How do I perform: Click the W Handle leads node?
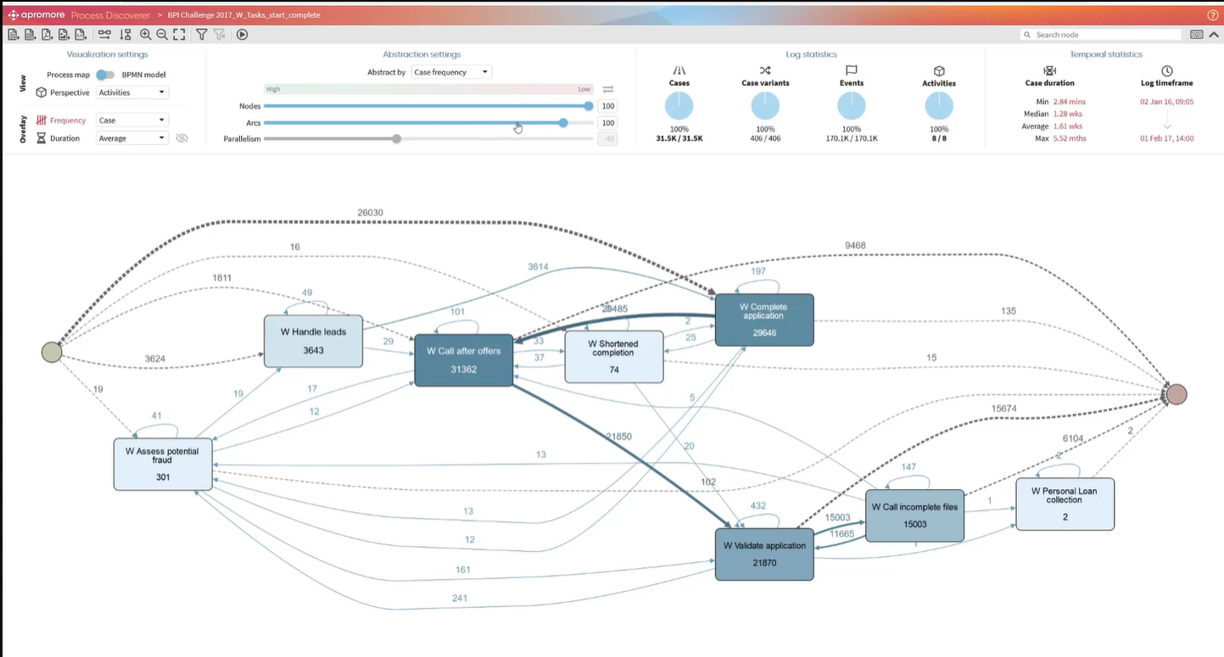click(x=313, y=341)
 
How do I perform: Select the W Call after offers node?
click(x=463, y=359)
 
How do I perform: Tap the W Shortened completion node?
click(x=613, y=356)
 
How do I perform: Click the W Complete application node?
click(x=763, y=320)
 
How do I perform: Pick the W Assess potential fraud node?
click(x=163, y=464)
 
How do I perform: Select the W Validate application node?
click(x=763, y=554)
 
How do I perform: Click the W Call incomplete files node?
click(x=914, y=515)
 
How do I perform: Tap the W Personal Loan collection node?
click(x=1065, y=504)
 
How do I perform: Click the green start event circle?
click(x=52, y=352)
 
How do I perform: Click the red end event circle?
click(x=1176, y=394)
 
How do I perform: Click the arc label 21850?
click(x=618, y=436)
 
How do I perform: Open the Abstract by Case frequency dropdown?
click(x=451, y=72)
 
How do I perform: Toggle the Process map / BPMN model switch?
click(x=105, y=75)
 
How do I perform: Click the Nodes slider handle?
click(x=589, y=106)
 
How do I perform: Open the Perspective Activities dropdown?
click(x=132, y=92)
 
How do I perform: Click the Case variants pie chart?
click(x=765, y=106)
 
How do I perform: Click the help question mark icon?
click(x=1212, y=15)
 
